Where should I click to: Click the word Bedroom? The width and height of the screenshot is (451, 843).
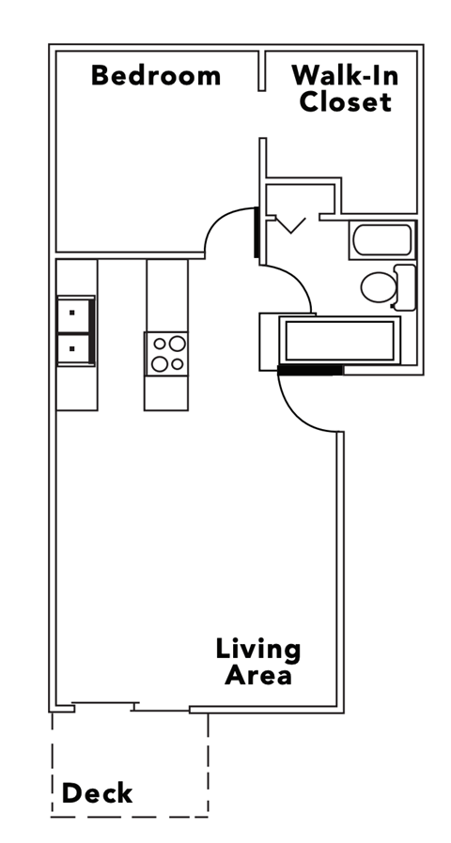pyautogui.click(x=156, y=76)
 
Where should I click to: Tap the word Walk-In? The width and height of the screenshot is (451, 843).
pyautogui.click(x=345, y=75)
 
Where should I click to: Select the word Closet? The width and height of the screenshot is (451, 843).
pyautogui.click(x=345, y=101)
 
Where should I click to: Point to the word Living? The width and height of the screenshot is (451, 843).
pyautogui.click(x=258, y=649)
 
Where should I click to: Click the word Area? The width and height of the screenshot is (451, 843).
pyautogui.click(x=258, y=674)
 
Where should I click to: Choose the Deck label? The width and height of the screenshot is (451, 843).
pyautogui.click(x=97, y=794)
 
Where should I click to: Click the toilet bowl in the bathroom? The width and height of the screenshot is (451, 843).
pyautogui.click(x=379, y=288)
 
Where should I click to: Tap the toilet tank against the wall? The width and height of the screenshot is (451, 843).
pyautogui.click(x=405, y=287)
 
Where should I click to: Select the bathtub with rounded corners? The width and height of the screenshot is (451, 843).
pyautogui.click(x=381, y=241)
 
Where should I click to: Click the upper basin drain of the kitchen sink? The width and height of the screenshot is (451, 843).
pyautogui.click(x=72, y=313)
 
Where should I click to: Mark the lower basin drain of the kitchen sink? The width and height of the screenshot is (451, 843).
pyautogui.click(x=72, y=348)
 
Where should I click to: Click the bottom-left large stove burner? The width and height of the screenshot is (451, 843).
pyautogui.click(x=160, y=362)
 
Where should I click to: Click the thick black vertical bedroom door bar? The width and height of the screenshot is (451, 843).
pyautogui.click(x=256, y=231)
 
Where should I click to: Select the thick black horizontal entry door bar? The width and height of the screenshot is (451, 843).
pyautogui.click(x=311, y=370)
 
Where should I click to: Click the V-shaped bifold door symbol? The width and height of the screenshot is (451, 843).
pyautogui.click(x=291, y=225)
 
